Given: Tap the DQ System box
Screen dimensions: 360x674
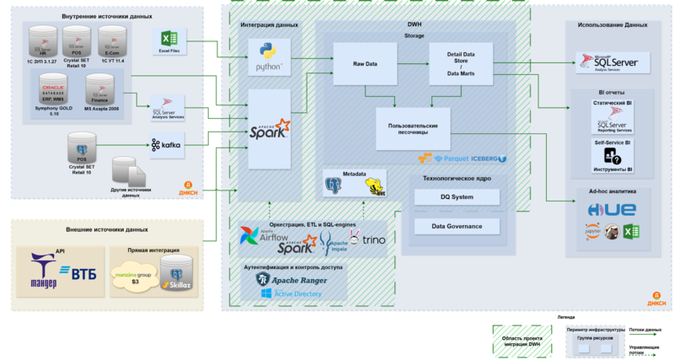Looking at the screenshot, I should point(457,196).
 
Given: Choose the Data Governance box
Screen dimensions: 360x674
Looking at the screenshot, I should point(457,226).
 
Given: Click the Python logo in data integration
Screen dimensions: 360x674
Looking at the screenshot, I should point(269,56).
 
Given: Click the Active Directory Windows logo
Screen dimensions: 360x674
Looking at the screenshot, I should point(266,293).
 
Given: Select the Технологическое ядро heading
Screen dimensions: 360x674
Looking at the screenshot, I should point(456,179).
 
